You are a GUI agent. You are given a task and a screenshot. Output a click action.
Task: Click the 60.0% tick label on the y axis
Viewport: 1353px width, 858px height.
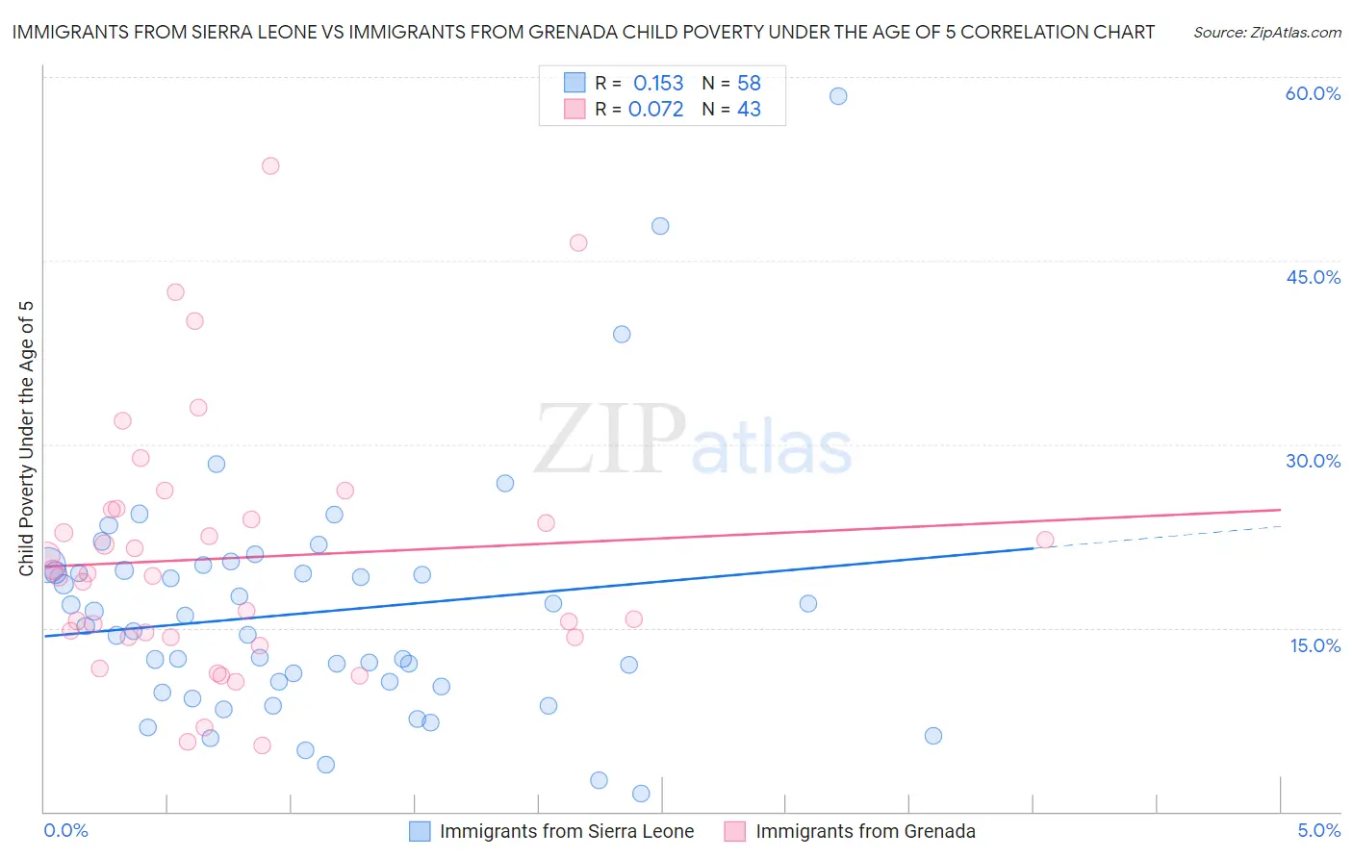coord(1313,93)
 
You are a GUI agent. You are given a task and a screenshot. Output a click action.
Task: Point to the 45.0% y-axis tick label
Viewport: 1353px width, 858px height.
coord(1313,277)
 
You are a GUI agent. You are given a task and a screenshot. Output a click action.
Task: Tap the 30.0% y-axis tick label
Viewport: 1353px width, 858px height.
coord(1313,461)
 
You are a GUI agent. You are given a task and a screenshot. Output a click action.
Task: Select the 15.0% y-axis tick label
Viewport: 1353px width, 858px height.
coord(1315,645)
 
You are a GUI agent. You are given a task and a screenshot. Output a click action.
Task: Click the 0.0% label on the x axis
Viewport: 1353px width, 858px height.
coord(65,831)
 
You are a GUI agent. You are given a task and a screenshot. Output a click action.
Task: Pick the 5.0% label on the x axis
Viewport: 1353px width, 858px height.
coord(1318,831)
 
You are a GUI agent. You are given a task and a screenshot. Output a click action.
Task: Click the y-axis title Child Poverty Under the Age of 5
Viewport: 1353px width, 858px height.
coord(26,439)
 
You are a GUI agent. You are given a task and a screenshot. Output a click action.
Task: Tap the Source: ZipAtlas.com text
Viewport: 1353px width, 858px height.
coord(1266,32)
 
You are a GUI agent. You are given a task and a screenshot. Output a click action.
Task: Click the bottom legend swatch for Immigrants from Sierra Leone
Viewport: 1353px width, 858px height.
coord(420,831)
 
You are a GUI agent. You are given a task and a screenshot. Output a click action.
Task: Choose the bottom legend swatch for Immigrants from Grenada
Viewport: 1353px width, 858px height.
coord(735,831)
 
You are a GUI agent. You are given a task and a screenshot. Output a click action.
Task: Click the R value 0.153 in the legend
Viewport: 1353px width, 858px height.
coord(658,83)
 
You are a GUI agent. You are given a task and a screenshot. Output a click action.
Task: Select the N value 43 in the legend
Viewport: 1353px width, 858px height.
coord(749,109)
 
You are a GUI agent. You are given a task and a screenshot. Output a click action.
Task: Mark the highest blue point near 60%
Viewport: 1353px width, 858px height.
coord(838,96)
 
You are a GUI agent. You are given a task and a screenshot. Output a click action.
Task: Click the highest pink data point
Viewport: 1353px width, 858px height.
coord(270,165)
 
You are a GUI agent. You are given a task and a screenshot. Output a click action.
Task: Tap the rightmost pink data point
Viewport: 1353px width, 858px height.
coord(1045,540)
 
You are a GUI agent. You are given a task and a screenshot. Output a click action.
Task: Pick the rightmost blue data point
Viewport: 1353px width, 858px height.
coord(932,736)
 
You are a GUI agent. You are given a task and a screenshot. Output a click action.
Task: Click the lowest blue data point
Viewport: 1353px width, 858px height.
coord(641,794)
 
